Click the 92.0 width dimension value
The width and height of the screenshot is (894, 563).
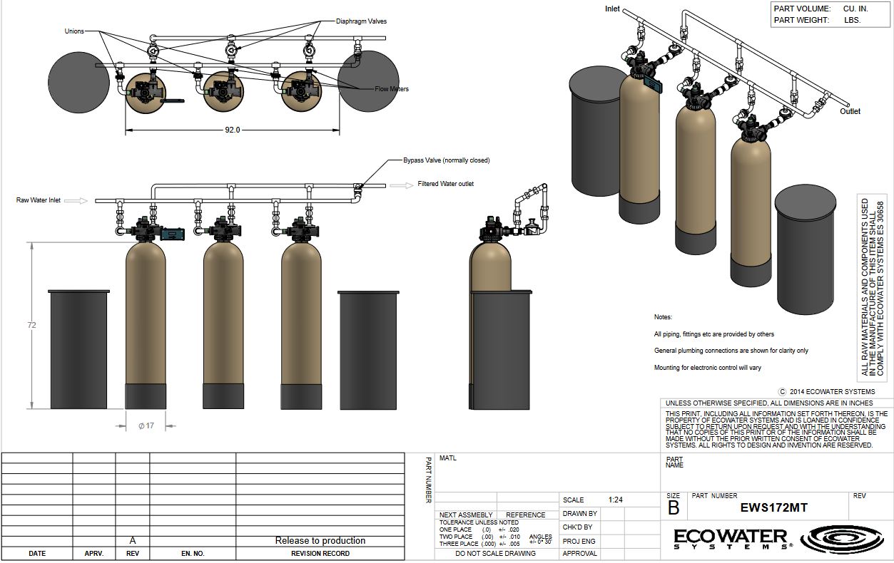(233, 130)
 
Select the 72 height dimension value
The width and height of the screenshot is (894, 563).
(31, 325)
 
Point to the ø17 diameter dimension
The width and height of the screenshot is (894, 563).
(146, 426)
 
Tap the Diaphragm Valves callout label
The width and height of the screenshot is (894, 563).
(361, 21)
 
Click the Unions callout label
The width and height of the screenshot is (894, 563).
(74, 31)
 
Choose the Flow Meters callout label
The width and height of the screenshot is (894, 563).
(392, 89)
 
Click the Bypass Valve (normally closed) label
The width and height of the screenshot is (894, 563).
(446, 160)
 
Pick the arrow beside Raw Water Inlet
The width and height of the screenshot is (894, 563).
(76, 200)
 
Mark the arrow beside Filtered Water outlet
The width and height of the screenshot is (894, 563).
(402, 185)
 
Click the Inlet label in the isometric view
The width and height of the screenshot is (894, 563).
(612, 9)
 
